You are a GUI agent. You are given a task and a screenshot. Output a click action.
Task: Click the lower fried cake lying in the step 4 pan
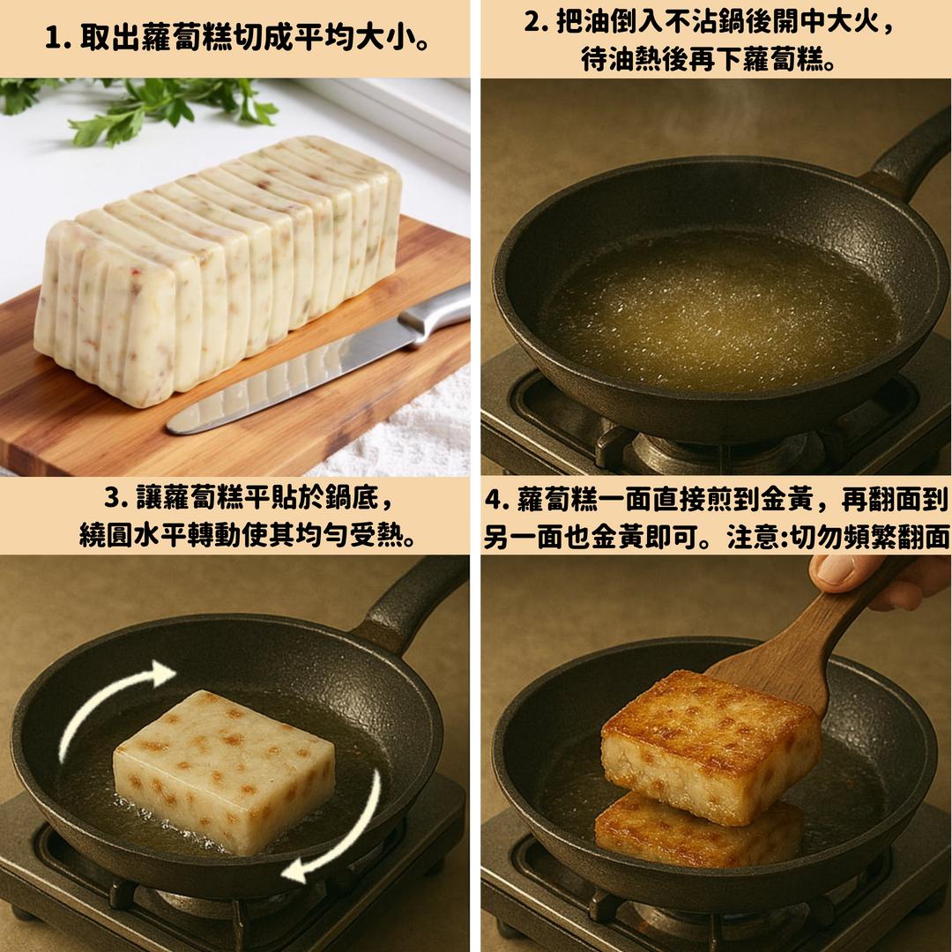pyautogui.click(x=698, y=832)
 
